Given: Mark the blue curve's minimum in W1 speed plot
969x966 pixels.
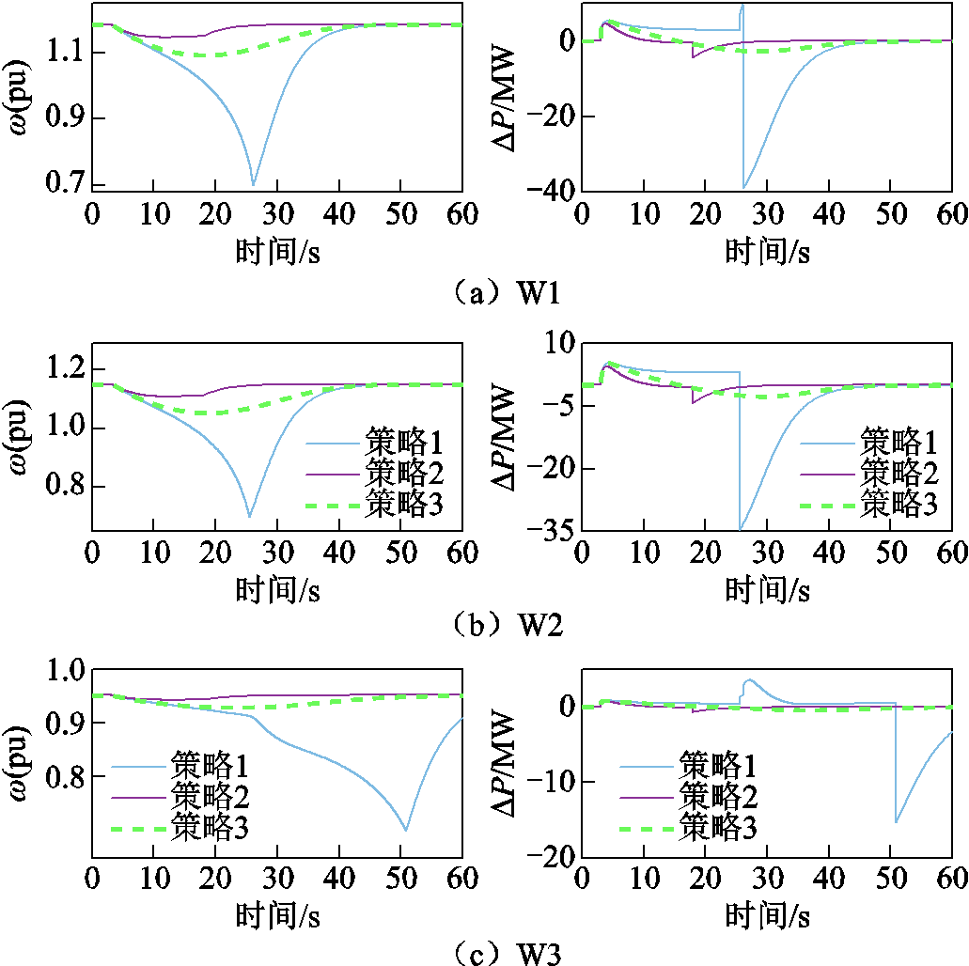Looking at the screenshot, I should (x=253, y=184).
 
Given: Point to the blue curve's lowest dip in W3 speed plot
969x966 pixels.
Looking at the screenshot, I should (x=406, y=830).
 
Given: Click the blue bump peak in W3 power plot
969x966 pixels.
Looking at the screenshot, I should (x=749, y=680).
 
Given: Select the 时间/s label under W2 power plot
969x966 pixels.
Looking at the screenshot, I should (x=767, y=591).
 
